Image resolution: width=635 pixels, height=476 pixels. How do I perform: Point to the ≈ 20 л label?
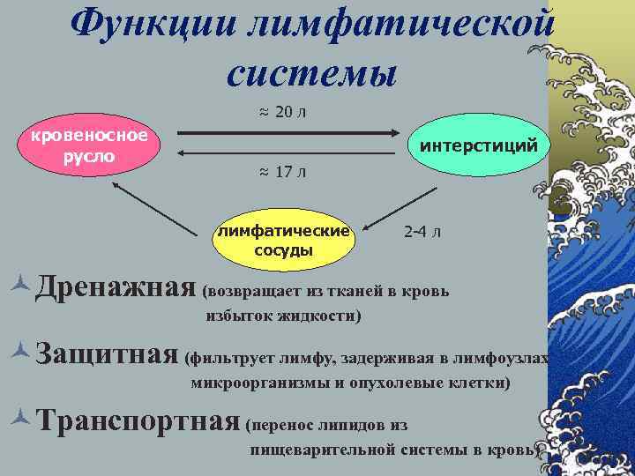(282, 111)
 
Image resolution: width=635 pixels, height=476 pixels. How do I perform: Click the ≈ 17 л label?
(282, 171)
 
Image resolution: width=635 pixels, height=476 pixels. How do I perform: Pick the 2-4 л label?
(423, 233)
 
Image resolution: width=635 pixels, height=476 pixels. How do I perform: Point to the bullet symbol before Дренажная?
(24, 285)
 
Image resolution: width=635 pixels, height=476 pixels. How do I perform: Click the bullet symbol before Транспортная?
(24, 419)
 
